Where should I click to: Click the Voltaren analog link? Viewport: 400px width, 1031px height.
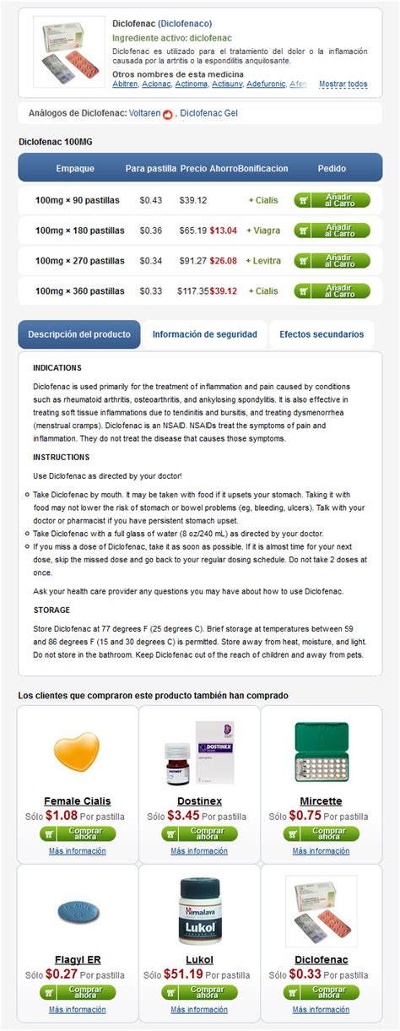click(x=145, y=113)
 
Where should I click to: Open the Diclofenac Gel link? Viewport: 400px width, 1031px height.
click(x=208, y=113)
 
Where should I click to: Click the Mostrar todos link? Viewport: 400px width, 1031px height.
click(x=343, y=84)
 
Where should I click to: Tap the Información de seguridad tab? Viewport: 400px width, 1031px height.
click(x=204, y=334)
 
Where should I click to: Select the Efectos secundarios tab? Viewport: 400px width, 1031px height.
click(x=322, y=334)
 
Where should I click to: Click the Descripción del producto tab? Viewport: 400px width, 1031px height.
click(x=79, y=334)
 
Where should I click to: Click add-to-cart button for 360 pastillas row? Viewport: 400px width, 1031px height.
click(x=332, y=291)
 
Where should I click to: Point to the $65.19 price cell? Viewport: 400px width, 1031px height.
click(x=192, y=231)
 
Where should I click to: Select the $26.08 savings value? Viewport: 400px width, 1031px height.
click(x=224, y=261)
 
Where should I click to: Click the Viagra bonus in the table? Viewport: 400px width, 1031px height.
click(x=264, y=231)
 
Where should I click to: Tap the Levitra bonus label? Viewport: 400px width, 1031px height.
click(x=264, y=261)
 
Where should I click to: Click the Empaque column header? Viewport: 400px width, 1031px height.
click(x=75, y=168)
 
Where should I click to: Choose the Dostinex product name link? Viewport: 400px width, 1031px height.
click(x=199, y=800)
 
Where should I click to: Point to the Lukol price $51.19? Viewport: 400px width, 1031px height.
click(x=183, y=974)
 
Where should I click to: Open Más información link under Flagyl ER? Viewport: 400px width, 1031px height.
click(x=77, y=1009)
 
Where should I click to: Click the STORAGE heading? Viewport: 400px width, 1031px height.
click(x=51, y=610)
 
